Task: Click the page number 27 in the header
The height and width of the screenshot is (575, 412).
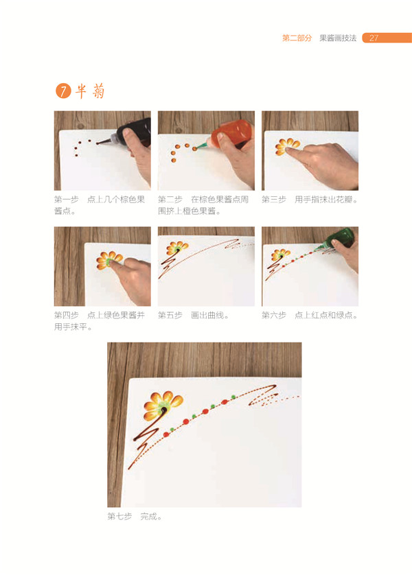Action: tap(374, 38)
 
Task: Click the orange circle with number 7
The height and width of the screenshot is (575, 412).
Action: tap(62, 91)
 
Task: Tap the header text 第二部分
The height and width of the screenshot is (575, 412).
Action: tap(297, 38)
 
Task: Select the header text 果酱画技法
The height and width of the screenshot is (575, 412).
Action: tap(338, 38)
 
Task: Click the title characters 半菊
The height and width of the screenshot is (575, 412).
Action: tap(90, 91)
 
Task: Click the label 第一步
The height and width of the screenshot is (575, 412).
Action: tap(66, 200)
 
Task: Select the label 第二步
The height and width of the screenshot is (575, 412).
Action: tap(170, 200)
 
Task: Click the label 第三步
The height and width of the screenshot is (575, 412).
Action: tap(273, 200)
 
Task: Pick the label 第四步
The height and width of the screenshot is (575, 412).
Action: tap(66, 315)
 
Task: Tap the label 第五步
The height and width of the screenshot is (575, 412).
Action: tap(170, 315)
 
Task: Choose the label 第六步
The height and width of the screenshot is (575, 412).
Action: tap(273, 315)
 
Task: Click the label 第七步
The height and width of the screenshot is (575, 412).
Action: tap(119, 516)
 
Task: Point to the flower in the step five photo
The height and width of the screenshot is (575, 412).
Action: tap(176, 248)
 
